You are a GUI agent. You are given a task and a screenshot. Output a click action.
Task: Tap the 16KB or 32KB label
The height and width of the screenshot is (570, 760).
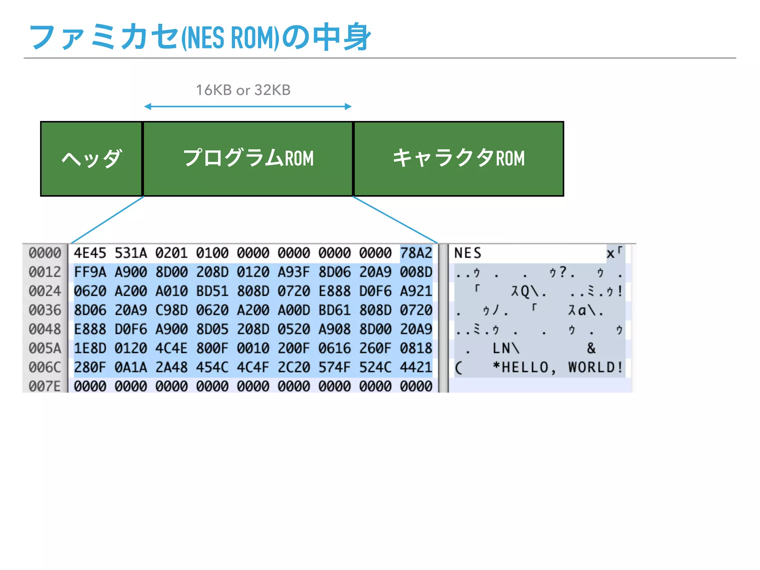243,90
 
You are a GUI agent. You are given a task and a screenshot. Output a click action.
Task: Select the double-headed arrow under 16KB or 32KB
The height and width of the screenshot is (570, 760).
248,107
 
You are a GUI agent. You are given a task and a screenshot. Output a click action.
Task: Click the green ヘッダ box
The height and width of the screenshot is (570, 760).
91,159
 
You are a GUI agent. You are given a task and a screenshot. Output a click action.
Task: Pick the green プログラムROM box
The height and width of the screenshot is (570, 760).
248,159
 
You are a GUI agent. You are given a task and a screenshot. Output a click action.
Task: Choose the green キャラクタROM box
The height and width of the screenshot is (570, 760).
459,159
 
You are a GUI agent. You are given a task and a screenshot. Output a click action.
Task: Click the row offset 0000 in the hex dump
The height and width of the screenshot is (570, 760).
45,253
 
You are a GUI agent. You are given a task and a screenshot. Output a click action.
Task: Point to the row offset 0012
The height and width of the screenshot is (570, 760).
45,272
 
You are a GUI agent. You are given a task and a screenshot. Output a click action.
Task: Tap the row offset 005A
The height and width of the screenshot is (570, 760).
45,348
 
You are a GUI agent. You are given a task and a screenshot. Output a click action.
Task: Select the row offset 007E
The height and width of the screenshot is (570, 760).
45,386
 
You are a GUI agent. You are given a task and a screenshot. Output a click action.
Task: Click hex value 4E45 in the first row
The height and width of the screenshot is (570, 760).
90,253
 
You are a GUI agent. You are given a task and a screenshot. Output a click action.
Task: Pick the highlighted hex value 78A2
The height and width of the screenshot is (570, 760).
416,253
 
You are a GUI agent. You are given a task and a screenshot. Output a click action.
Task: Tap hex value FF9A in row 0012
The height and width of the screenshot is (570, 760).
90,272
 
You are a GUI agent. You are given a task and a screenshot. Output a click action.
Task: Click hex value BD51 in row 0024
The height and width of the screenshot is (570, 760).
212,291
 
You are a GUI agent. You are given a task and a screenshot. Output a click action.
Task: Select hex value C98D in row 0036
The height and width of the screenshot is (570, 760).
171,310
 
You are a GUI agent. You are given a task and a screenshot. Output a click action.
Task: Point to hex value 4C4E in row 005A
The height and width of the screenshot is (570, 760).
171,348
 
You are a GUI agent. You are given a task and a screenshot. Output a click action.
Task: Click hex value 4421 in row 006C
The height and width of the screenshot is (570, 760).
416,367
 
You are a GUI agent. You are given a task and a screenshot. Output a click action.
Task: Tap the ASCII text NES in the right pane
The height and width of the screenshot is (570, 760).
468,253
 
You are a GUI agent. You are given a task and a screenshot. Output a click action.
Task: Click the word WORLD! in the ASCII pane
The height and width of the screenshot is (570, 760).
595,367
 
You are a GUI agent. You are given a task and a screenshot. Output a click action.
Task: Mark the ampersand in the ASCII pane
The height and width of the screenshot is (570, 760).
591,348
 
